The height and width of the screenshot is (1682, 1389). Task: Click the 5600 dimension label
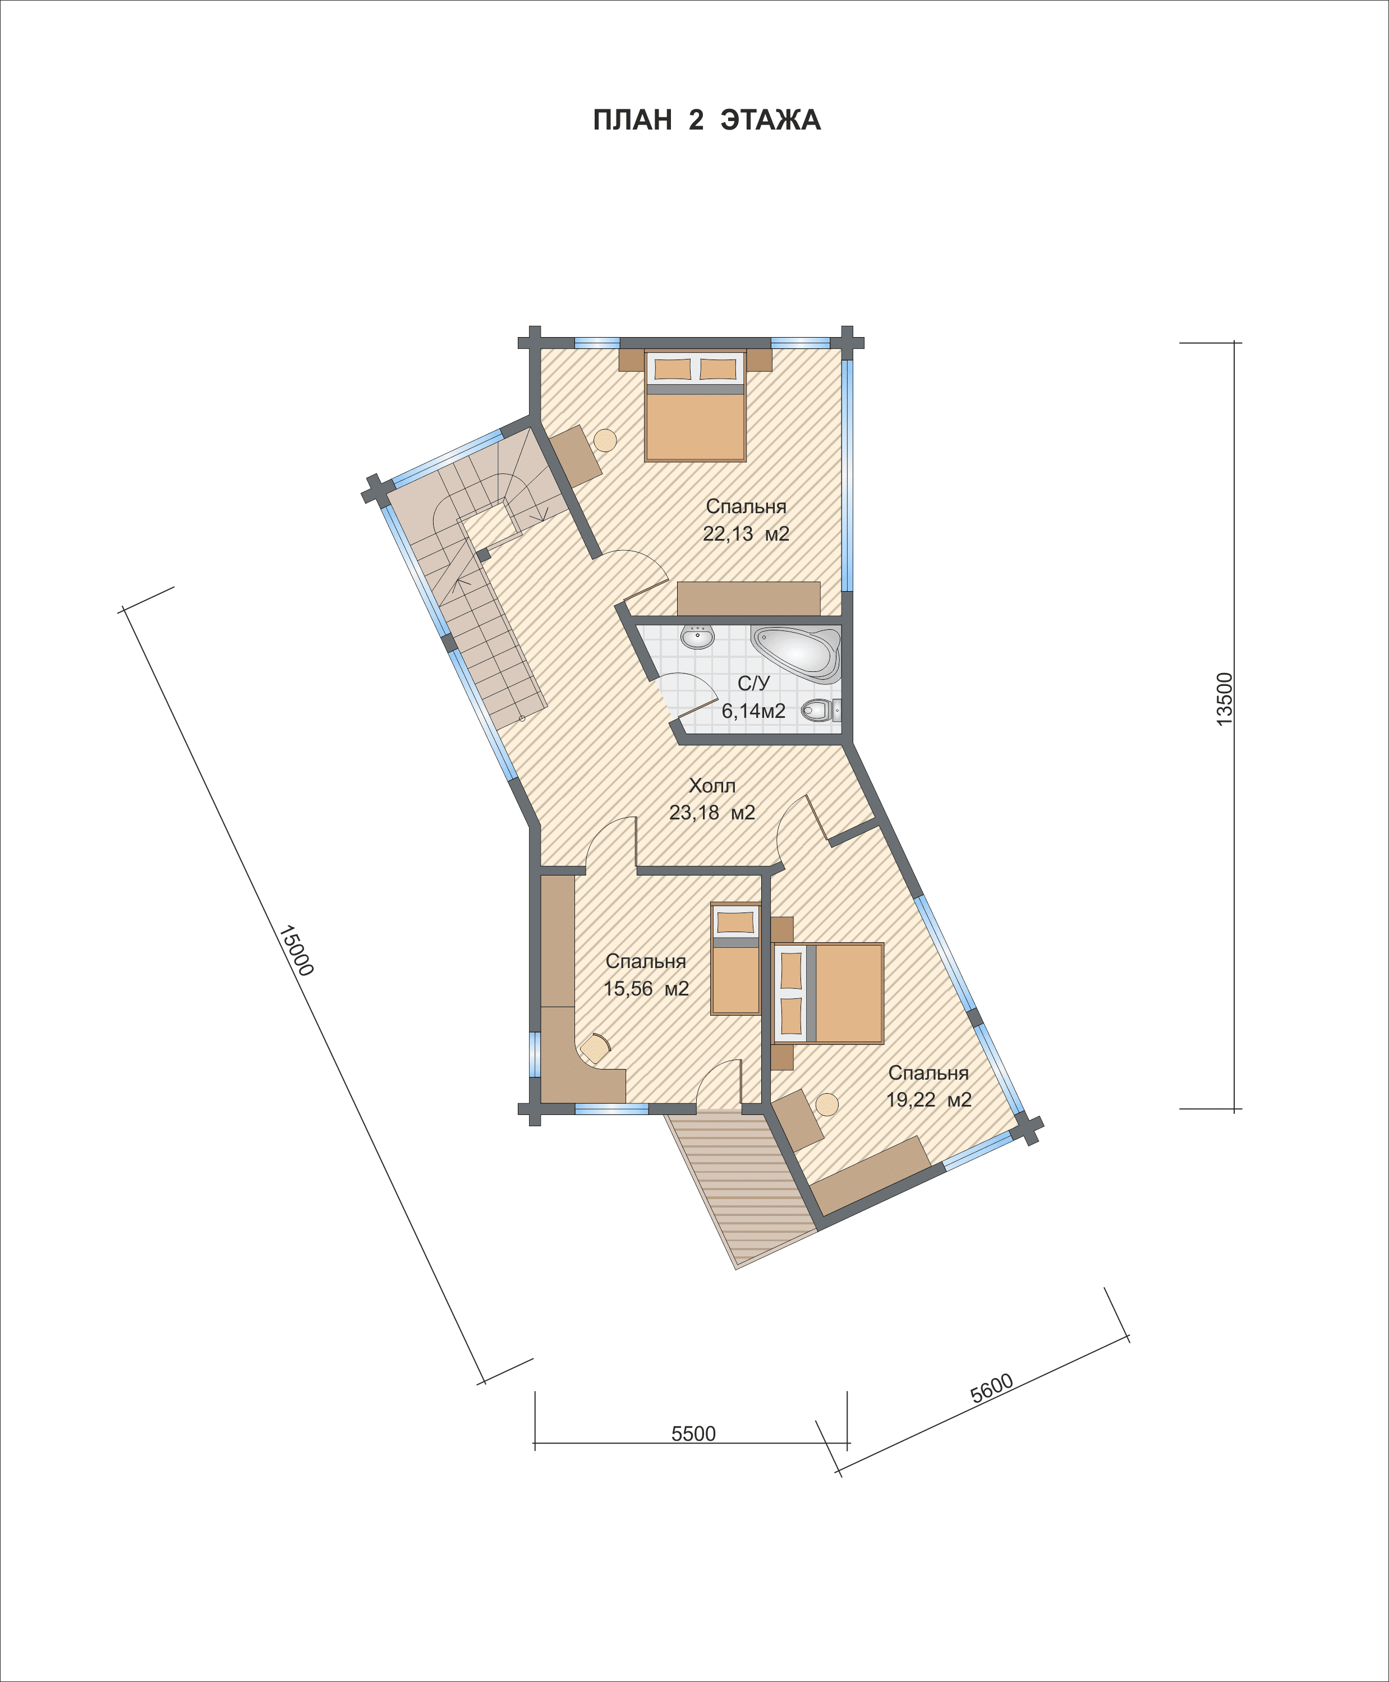992,1388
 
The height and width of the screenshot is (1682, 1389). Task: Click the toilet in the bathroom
821,709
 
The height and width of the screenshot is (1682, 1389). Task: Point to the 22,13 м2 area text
746,533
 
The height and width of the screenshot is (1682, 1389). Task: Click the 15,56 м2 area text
646,989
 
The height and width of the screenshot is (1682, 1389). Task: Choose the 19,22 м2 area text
929,1100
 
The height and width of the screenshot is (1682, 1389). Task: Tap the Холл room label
712,785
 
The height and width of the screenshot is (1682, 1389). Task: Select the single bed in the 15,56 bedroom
735,959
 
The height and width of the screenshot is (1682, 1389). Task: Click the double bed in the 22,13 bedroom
695,405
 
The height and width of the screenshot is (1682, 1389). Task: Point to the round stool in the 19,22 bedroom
826,1104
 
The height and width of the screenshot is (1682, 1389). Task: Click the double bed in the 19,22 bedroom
828,993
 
